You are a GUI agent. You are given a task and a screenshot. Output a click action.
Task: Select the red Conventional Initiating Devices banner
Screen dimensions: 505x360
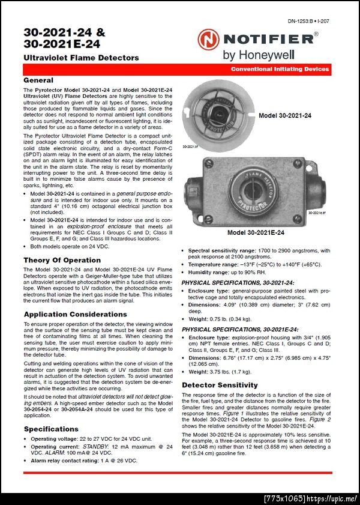pos(280,70)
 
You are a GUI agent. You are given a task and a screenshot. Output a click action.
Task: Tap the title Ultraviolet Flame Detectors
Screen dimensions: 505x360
pos(81,58)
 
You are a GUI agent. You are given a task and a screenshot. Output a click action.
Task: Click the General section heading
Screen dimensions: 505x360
pos(38,80)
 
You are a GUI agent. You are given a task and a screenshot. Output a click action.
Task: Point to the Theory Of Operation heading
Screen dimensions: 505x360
pos(62,260)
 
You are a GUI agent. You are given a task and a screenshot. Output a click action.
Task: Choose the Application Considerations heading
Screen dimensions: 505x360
pos(75,314)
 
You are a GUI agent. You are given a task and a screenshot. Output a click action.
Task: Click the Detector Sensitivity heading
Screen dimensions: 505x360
pos(220,385)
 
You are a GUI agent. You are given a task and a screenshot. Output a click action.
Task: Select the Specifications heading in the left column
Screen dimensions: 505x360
pos(51,429)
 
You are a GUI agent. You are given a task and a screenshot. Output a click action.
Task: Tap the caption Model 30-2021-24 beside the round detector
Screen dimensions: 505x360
pos(285,115)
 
